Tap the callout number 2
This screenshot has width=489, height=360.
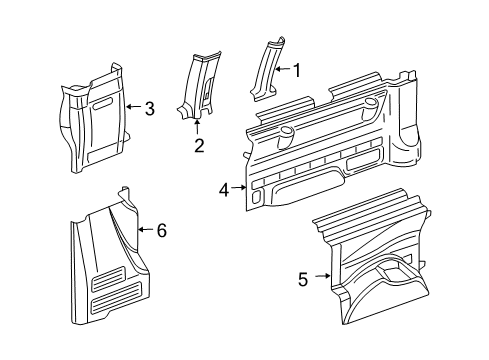(198, 145)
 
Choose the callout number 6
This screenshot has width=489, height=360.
(161, 230)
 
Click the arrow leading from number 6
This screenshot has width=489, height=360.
(147, 230)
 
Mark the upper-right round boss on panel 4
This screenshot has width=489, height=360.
(372, 103)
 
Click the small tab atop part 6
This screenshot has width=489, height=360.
(124, 192)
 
